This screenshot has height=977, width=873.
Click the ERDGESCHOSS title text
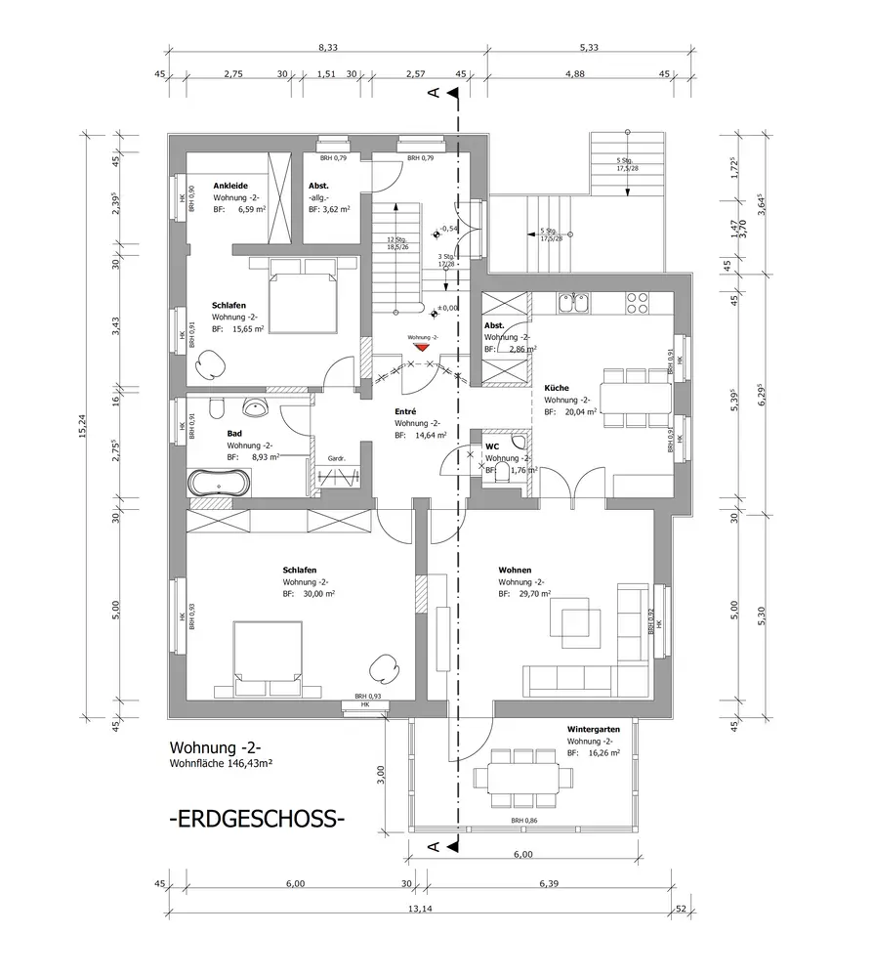point(257,818)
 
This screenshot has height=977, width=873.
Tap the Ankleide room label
point(229,186)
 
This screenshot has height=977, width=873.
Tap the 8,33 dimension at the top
point(328,47)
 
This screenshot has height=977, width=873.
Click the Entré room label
point(405,412)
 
